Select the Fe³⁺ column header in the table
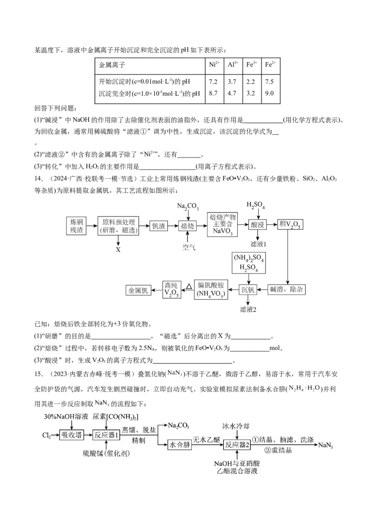point(251,66)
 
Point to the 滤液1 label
point(258,244)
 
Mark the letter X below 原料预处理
point(118,250)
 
